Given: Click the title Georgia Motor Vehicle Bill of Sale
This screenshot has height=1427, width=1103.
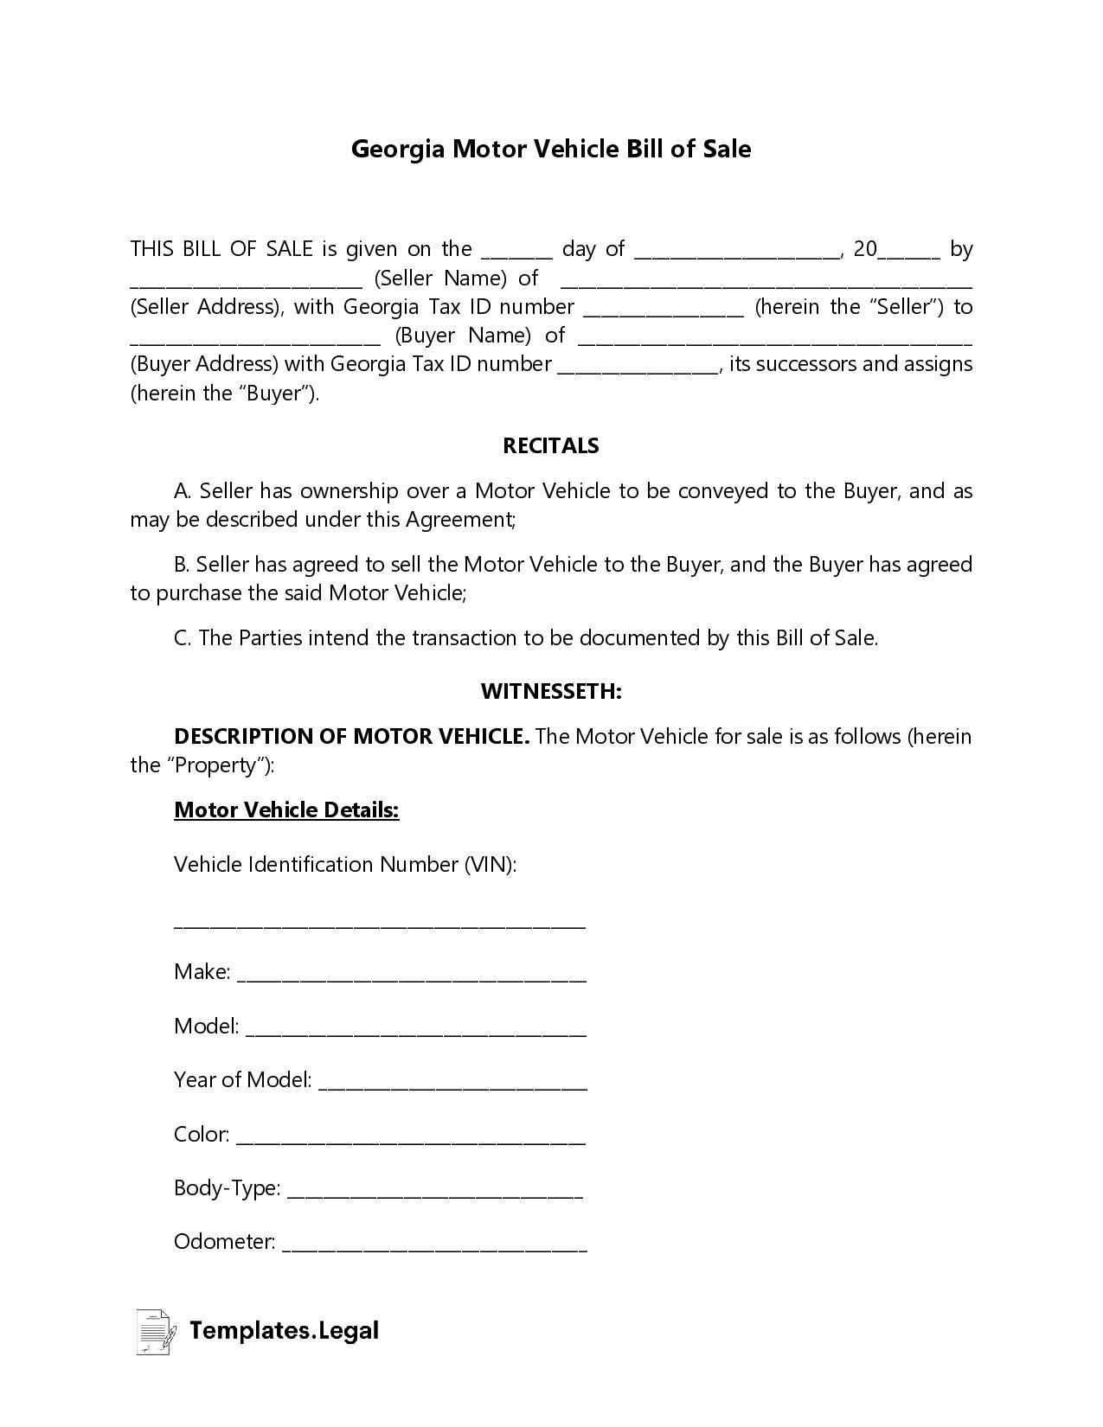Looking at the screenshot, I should pyautogui.click(x=551, y=149).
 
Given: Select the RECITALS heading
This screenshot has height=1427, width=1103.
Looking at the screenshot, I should pyautogui.click(x=551, y=446).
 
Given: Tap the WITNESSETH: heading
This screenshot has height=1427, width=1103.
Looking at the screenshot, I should pyautogui.click(x=551, y=692).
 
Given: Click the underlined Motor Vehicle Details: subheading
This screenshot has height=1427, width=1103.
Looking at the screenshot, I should pyautogui.click(x=286, y=810).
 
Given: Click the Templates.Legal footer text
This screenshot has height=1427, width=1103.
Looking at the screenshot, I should pyautogui.click(x=285, y=1331).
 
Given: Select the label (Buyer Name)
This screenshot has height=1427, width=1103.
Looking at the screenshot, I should pyautogui.click(x=463, y=336).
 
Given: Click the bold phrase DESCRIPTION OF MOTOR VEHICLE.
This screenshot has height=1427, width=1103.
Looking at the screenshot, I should pyautogui.click(x=351, y=737).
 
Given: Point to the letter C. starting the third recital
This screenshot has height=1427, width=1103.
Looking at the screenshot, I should pyautogui.click(x=182, y=638).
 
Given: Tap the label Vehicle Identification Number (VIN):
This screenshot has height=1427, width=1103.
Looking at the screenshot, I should pyautogui.click(x=345, y=865).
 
